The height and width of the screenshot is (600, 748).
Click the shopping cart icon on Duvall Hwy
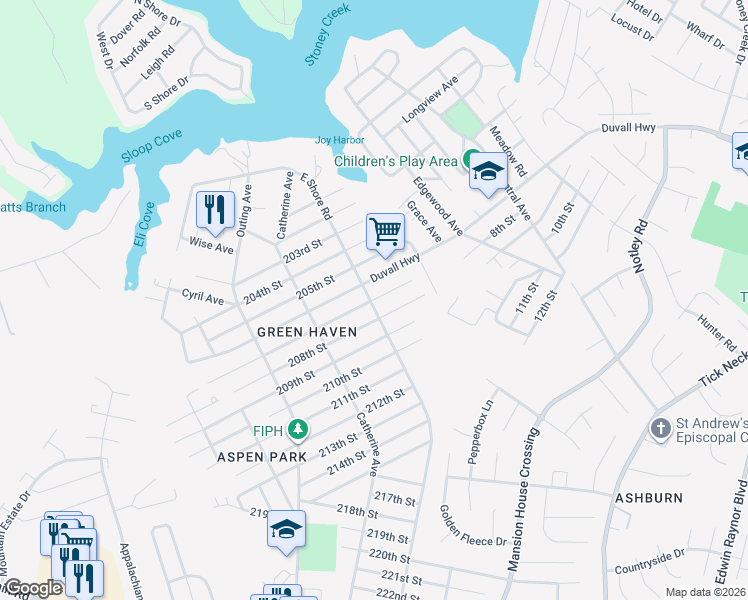(x=385, y=232)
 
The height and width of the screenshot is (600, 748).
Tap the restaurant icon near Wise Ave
(x=215, y=210)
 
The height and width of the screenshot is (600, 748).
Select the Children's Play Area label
(x=395, y=160)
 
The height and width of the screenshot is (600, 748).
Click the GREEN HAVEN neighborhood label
(x=306, y=331)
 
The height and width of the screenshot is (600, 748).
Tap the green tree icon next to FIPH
(x=297, y=430)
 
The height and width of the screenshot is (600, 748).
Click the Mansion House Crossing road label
(x=525, y=500)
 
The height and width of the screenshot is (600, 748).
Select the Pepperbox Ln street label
(x=481, y=432)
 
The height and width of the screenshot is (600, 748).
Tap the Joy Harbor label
(x=340, y=140)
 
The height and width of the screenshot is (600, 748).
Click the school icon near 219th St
(x=286, y=529)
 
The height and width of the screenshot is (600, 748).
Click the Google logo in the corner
(x=32, y=588)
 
